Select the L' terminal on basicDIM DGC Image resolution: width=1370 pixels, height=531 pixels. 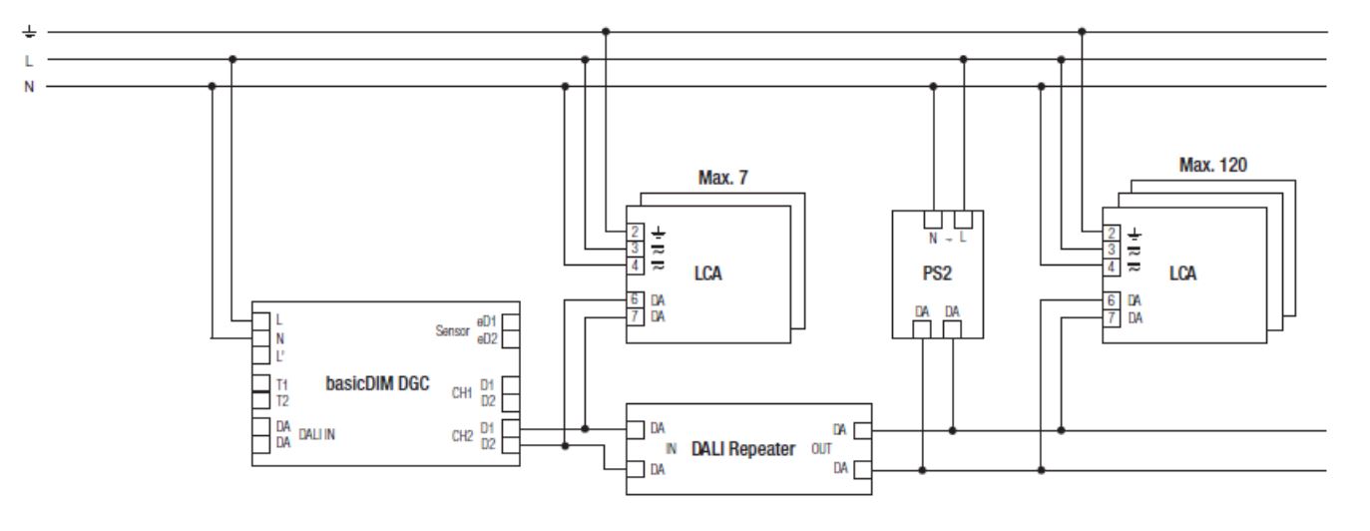pyautogui.click(x=260, y=354)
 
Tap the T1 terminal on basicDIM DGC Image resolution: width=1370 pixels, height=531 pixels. pyautogui.click(x=260, y=383)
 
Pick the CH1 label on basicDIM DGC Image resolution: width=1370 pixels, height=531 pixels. pyautogui.click(x=460, y=392)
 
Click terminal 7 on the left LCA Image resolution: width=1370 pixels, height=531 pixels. pyautogui.click(x=635, y=316)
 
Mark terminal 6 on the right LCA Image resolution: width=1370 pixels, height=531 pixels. pyautogui.click(x=1112, y=299)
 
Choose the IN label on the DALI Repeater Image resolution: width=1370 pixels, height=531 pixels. pyautogui.click(x=671, y=449)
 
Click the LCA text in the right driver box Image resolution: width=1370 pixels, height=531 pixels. pyautogui.click(x=1182, y=272)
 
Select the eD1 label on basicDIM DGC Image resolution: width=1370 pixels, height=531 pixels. pyautogui.click(x=488, y=321)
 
